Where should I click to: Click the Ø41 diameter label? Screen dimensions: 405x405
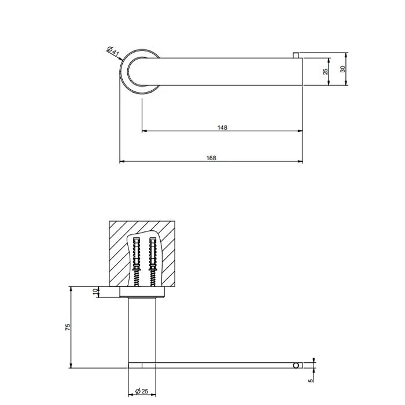tap(113, 52)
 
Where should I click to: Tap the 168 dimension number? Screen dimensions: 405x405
tap(211, 157)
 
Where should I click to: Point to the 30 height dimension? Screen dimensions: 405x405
tap(343, 69)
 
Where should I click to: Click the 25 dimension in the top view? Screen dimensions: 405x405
tap(326, 72)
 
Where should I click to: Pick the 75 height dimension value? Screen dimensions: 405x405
tap(68, 327)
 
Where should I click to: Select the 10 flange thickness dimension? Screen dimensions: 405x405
tap(96, 292)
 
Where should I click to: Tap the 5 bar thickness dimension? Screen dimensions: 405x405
tap(311, 380)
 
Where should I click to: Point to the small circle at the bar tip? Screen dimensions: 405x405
tap(297, 366)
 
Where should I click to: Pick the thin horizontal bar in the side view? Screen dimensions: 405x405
tap(220, 366)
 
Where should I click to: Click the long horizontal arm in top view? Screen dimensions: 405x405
tap(231, 72)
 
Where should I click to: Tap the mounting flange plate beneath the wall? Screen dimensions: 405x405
tap(142, 293)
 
